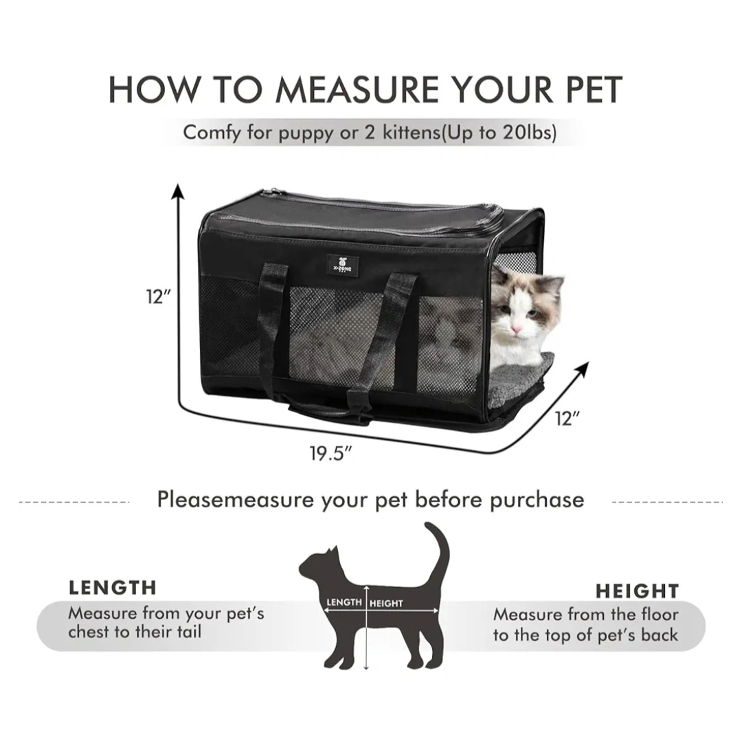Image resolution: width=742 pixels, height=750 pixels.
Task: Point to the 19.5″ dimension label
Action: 330,453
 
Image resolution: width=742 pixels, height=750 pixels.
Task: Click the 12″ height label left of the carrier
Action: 158,296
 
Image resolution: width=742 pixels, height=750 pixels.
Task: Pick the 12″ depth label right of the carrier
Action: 567,419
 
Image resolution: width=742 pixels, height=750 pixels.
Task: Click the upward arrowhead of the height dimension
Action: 179,190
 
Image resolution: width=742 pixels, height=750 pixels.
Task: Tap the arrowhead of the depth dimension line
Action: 582,368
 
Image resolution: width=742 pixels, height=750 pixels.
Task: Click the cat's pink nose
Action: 516,329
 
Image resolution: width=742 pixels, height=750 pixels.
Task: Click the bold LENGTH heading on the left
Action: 113,588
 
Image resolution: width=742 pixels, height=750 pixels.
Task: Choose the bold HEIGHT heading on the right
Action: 638,591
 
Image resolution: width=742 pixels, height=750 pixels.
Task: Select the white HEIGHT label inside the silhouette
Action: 386,604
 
